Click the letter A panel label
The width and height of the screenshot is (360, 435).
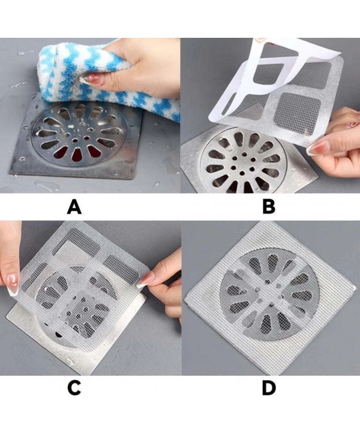pos(74,208)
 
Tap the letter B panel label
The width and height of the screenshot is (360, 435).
pos(268,208)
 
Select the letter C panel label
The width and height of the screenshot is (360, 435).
pos(74,388)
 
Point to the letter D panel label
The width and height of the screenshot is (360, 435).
pos(269,388)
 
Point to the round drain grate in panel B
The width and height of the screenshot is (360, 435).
pos(244,161)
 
